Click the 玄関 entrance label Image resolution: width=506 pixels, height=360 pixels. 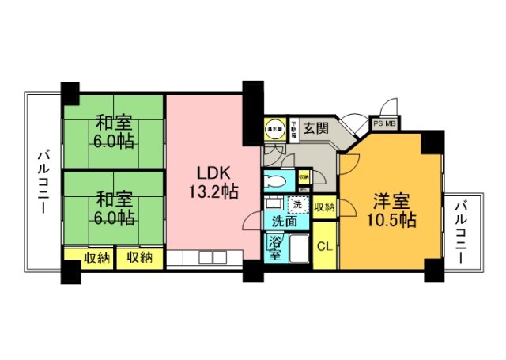pos(316,128)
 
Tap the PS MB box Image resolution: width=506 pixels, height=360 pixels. pos(386,123)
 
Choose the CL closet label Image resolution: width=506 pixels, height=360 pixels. pos(324,246)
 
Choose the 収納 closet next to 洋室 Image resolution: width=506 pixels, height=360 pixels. pos(323,207)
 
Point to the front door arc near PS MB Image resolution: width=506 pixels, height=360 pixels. pos(387,108)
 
